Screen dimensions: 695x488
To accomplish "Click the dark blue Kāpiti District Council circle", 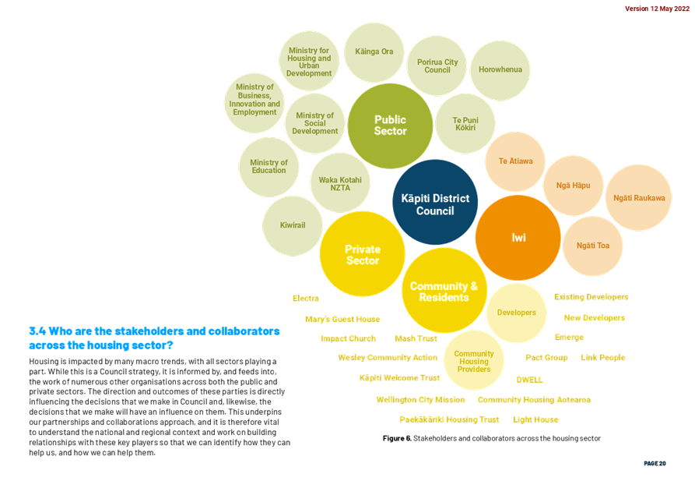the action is click(435, 202).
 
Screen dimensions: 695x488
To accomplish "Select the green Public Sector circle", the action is click(390, 126).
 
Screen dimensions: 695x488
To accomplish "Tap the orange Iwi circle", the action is click(518, 238).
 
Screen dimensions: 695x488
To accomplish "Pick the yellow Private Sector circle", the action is click(363, 254).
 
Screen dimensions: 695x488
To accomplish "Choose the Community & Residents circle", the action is click(444, 291).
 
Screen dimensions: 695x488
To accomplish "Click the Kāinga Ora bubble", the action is click(374, 52).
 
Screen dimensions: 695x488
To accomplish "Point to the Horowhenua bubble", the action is click(500, 70).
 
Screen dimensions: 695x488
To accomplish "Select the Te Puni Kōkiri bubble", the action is click(465, 123).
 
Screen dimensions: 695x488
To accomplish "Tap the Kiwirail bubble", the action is click(293, 226).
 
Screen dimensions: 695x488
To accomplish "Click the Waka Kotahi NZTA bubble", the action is click(340, 183).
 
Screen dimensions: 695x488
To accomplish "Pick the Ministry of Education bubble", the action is click(269, 167).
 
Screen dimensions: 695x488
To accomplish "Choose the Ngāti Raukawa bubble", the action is click(639, 197).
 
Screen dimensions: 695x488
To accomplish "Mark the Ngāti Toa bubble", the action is click(592, 246).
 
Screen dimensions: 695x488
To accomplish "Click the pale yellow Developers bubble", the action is click(516, 313).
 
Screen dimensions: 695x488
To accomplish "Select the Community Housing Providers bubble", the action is click(474, 360).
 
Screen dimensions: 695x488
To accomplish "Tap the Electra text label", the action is click(306, 299).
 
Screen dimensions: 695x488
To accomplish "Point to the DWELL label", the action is click(530, 380).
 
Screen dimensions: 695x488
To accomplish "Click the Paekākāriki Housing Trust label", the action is click(449, 419).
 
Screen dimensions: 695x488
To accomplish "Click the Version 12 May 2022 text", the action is click(658, 9).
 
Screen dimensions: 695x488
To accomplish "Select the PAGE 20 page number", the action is click(655, 464).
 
